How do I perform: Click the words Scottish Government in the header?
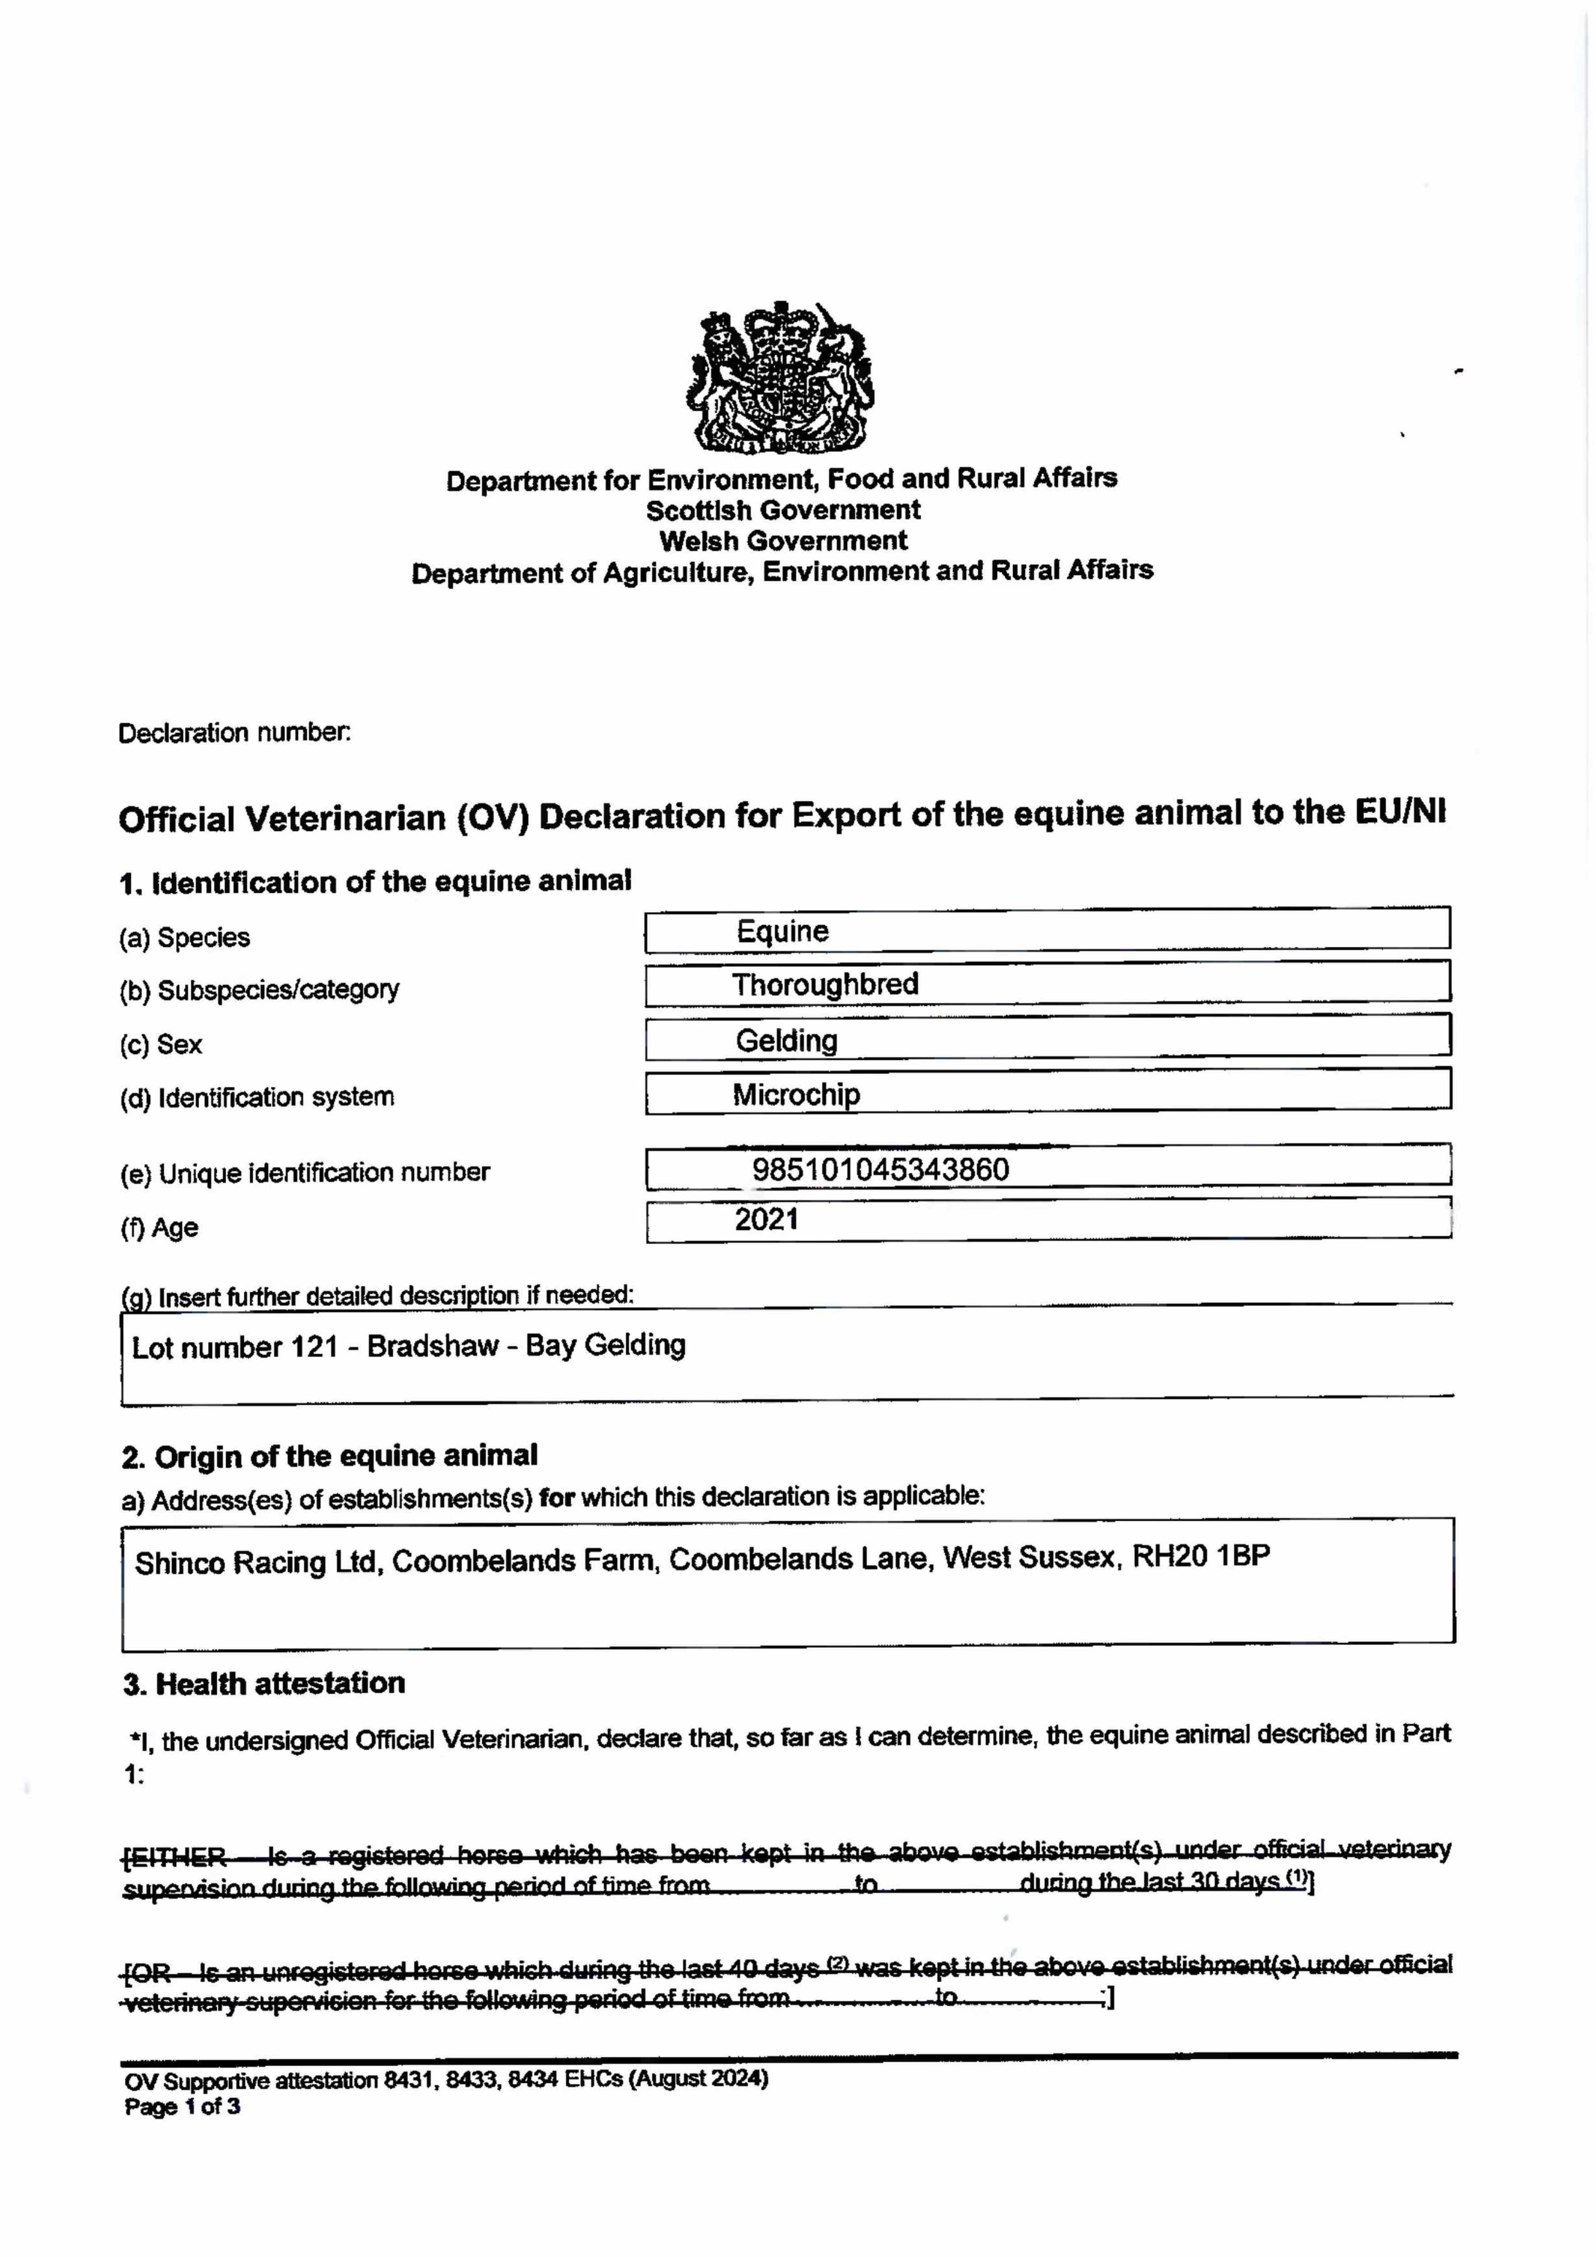[x=783, y=510]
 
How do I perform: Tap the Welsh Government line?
[x=783, y=541]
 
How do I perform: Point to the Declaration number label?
[x=234, y=734]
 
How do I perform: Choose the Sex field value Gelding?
[x=786, y=1040]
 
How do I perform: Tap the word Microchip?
[x=796, y=1094]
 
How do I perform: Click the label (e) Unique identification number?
[x=305, y=1173]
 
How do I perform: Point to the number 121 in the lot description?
[x=315, y=1347]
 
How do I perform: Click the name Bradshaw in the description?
[x=433, y=1346]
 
